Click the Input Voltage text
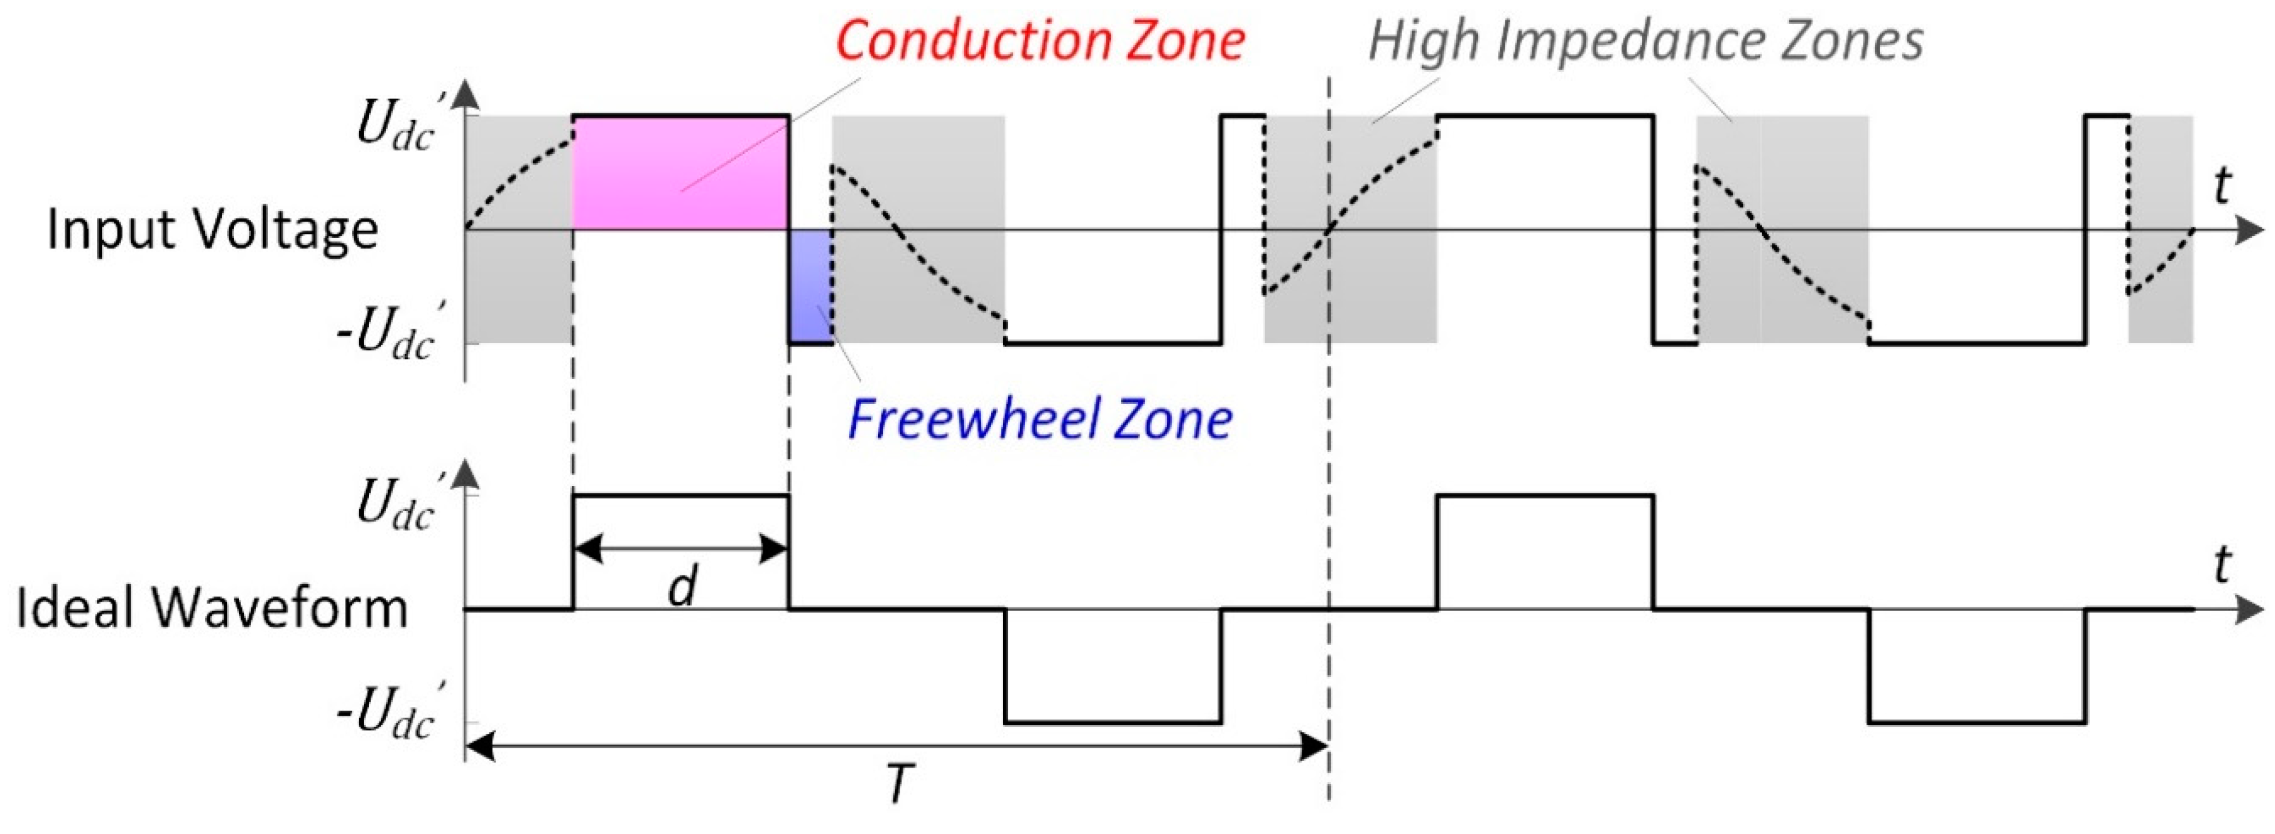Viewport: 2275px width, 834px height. tap(212, 230)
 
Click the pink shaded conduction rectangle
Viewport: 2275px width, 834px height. tap(680, 172)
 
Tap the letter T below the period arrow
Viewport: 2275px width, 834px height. tap(898, 783)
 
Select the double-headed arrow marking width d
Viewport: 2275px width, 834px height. tap(680, 550)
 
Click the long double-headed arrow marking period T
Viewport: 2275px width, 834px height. tap(897, 748)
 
